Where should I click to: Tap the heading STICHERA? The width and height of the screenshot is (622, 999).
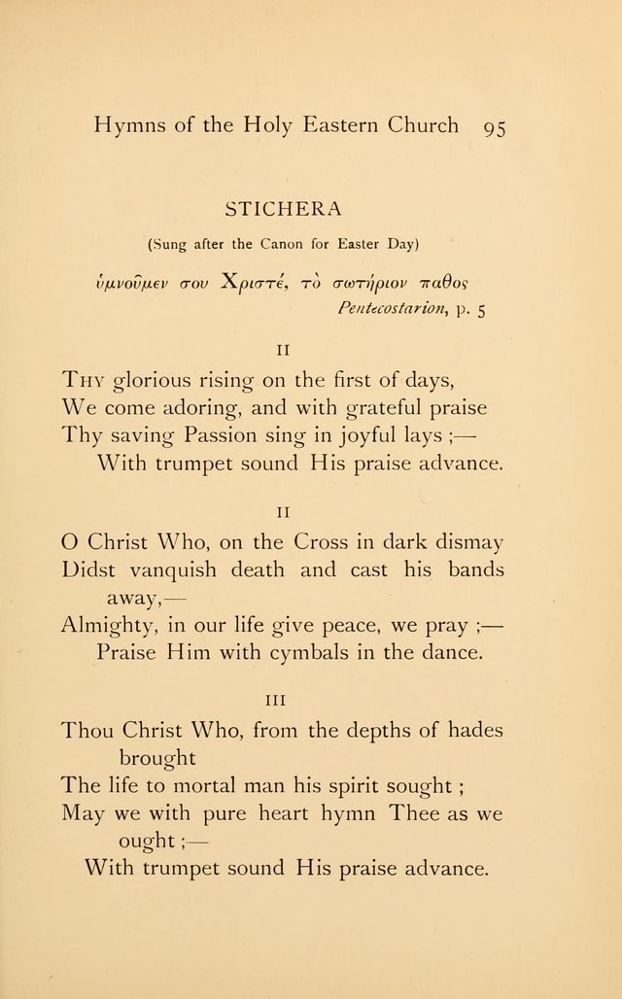282,208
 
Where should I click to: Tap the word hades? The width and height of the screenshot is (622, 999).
469,730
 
